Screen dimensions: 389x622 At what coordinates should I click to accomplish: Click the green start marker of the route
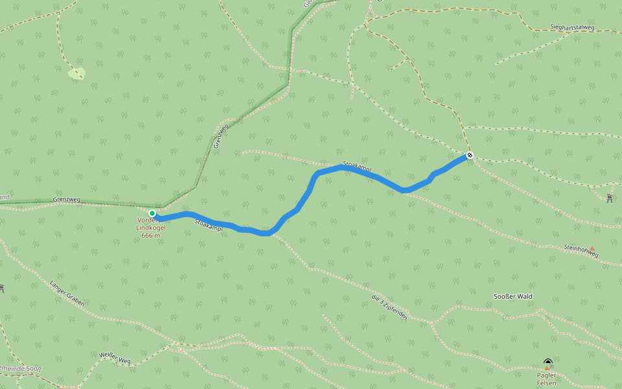click(x=152, y=213)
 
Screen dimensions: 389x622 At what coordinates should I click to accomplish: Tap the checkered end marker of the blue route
click(x=470, y=156)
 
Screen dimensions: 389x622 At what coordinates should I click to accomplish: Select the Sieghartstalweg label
click(x=572, y=28)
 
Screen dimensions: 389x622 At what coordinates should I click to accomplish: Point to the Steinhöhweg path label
click(x=581, y=251)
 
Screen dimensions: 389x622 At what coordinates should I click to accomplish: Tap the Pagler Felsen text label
click(x=546, y=379)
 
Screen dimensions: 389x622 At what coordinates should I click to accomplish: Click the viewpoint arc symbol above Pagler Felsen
click(x=548, y=362)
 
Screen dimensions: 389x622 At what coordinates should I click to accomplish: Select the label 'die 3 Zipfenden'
click(x=389, y=307)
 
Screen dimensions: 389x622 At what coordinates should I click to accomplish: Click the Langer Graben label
click(x=67, y=293)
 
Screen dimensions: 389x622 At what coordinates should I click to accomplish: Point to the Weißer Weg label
click(x=115, y=357)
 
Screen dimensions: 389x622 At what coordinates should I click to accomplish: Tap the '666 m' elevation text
click(x=150, y=235)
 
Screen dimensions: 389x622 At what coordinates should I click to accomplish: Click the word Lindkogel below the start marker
click(x=151, y=228)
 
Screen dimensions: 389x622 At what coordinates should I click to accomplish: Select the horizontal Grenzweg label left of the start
click(x=67, y=199)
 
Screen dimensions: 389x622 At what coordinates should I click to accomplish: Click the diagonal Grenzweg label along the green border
click(x=221, y=134)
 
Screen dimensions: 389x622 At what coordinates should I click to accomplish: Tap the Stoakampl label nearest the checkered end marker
click(x=357, y=167)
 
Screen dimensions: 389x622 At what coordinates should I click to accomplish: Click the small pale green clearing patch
click(x=76, y=74)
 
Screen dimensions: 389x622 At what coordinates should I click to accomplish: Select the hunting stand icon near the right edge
click(x=610, y=198)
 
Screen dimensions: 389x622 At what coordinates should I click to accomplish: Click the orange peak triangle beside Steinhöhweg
click(x=592, y=248)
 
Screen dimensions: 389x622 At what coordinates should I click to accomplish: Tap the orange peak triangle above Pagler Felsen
click(x=546, y=368)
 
